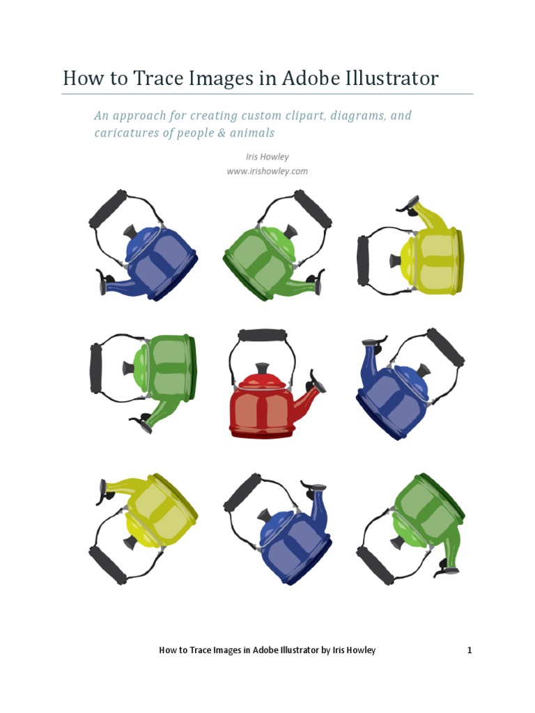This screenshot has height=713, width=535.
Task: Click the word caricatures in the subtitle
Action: point(126,132)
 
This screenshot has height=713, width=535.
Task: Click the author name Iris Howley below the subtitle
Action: point(267,157)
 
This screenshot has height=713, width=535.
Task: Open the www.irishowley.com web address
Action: point(267,171)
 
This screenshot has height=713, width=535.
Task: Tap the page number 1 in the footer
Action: point(470,650)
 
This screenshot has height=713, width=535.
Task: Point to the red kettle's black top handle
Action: point(262,335)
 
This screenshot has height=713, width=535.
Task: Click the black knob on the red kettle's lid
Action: point(262,368)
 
